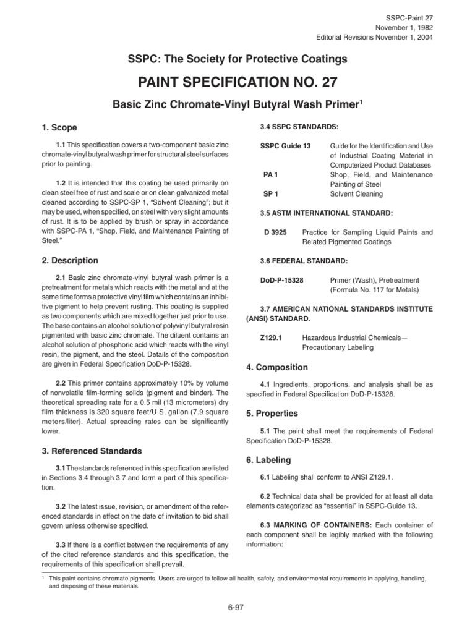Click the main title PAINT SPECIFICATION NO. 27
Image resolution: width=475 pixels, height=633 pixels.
[x=237, y=83]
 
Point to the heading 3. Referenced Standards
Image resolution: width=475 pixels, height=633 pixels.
[x=91, y=451]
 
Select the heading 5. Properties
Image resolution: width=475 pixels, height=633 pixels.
[x=272, y=413]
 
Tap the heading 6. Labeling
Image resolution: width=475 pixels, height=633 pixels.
[x=269, y=460]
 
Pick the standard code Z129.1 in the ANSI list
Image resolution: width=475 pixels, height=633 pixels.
[x=273, y=338]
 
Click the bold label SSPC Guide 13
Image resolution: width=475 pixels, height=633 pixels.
[x=285, y=145]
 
